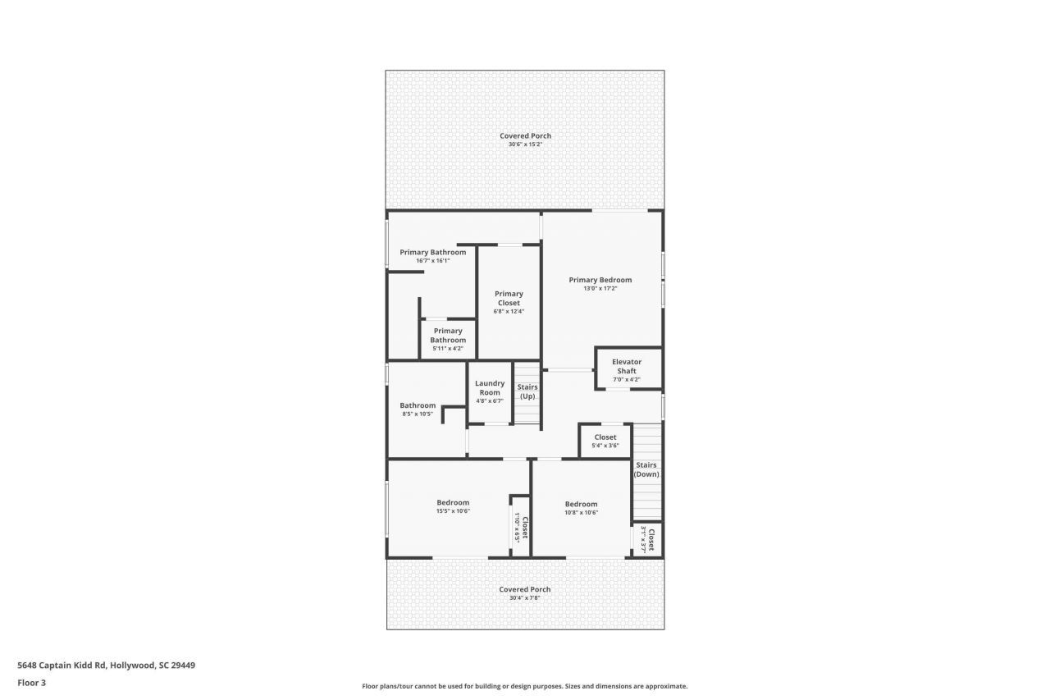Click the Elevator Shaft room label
(627, 366)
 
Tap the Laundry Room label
(490, 387)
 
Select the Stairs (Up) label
(527, 391)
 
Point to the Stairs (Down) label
(646, 469)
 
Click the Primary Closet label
(509, 298)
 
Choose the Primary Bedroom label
(600, 280)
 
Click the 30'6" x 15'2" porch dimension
(525, 144)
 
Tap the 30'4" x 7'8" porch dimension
(525, 598)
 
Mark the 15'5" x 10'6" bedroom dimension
(453, 511)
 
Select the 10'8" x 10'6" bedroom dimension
(581, 512)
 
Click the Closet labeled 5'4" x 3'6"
(605, 437)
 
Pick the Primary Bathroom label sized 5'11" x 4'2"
(448, 336)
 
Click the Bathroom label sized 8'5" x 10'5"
(418, 405)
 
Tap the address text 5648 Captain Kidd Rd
(107, 666)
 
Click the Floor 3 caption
(32, 682)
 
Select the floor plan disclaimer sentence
(525, 686)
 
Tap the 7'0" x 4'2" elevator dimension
(627, 380)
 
